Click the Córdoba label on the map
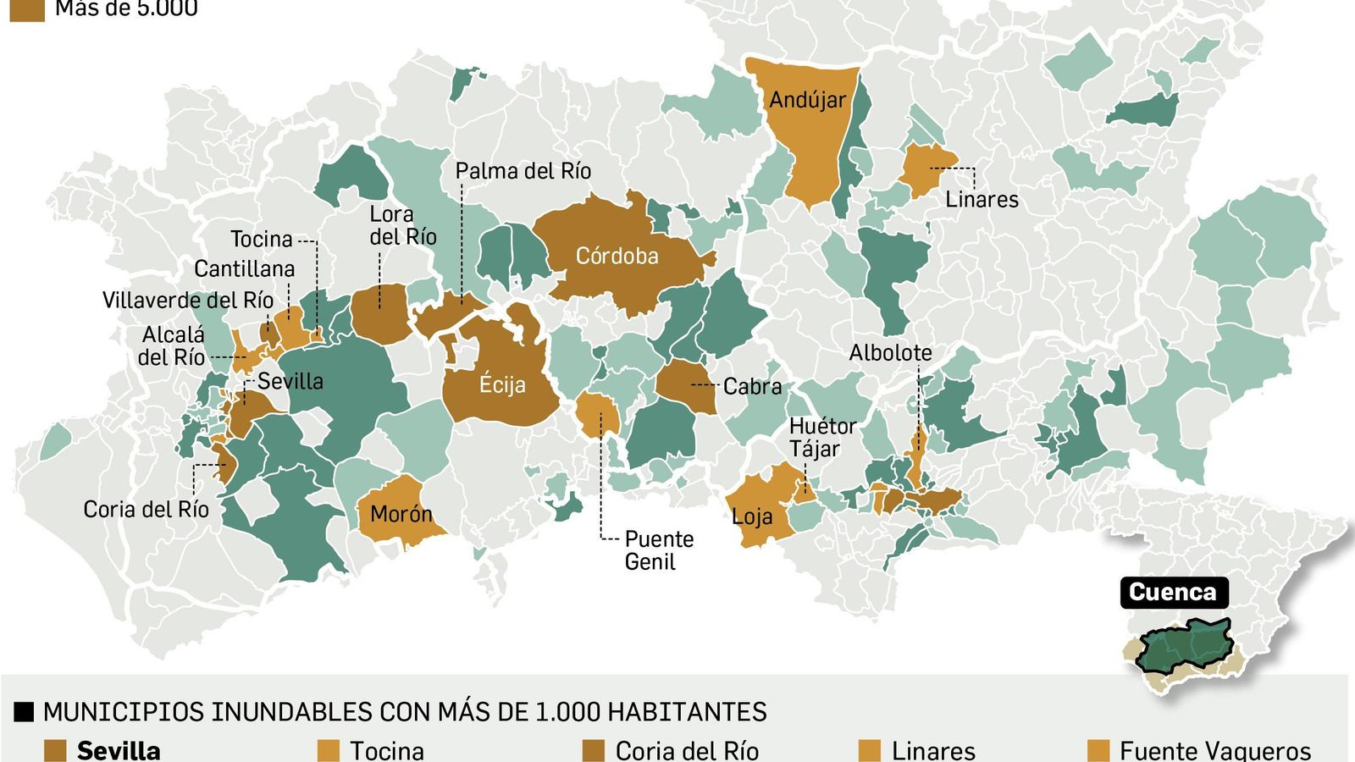(617, 256)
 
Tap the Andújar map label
(807, 100)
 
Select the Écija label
(502, 384)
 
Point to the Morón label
(401, 514)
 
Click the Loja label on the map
(752, 516)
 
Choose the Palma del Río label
(523, 171)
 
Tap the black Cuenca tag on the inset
(1173, 592)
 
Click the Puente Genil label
(658, 550)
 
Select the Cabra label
(752, 387)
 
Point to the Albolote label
(890, 353)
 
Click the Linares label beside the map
(982, 200)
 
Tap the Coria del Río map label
(146, 509)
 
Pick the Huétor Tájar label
(821, 438)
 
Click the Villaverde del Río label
(187, 301)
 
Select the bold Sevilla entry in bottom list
(119, 750)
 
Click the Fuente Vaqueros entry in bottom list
(1214, 750)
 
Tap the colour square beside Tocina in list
(328, 750)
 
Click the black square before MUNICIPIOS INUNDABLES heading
(24, 712)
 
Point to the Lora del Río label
(402, 226)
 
